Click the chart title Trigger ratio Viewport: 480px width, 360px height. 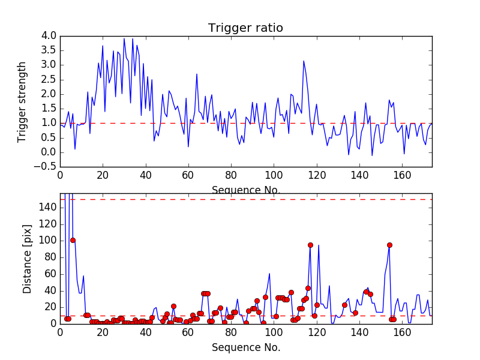tap(245, 28)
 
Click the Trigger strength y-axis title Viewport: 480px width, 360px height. tap(22, 102)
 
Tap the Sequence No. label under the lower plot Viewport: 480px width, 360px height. tap(246, 347)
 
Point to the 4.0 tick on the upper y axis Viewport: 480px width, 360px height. tap(49, 36)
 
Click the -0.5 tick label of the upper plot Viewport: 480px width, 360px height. tap(47, 166)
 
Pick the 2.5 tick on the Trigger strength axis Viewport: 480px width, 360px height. tap(49, 79)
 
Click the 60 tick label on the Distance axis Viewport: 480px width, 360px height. tap(50, 274)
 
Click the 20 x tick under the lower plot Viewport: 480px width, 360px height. tap(103, 332)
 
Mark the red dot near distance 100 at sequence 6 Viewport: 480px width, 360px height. tap(73, 240)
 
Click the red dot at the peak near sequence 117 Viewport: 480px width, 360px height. tap(310, 245)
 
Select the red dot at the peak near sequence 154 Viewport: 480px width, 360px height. tap(389, 245)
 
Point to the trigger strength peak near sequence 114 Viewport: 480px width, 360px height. tap(304, 61)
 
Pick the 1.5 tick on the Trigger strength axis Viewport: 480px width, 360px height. tap(49, 108)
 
